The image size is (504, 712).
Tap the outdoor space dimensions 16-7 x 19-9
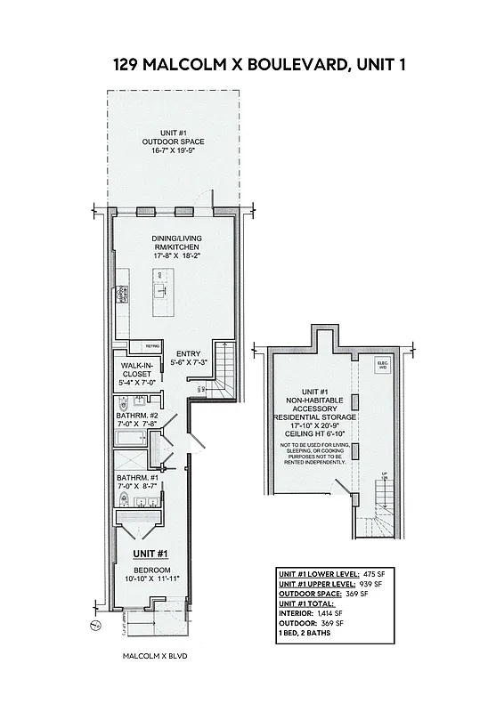click(x=173, y=151)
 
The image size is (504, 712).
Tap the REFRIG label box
click(x=151, y=346)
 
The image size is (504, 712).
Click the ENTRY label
click(x=189, y=353)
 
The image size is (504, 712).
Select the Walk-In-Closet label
click(x=137, y=374)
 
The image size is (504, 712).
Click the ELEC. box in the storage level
click(x=384, y=365)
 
